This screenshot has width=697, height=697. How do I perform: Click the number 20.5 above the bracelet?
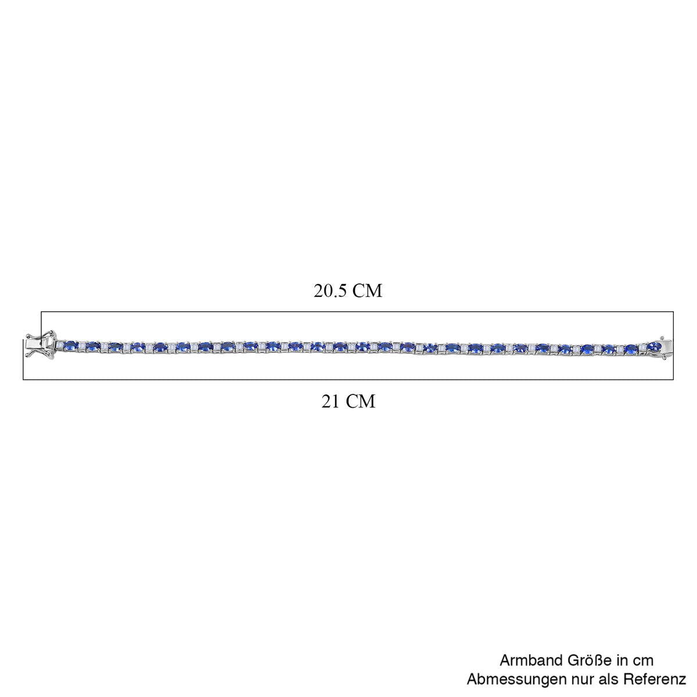(330, 291)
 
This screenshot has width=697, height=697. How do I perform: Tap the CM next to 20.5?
(367, 291)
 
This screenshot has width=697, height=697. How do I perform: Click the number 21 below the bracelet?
(330, 401)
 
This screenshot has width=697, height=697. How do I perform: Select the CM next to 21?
(360, 401)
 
